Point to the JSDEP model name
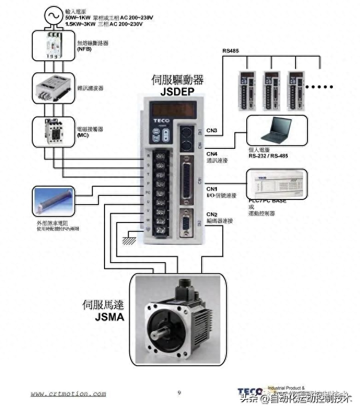point(177,91)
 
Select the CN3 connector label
point(211,131)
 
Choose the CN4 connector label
point(211,153)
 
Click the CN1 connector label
point(211,189)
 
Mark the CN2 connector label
point(211,214)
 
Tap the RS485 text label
point(230,51)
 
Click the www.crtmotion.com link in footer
point(68,394)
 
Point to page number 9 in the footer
point(180,393)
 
